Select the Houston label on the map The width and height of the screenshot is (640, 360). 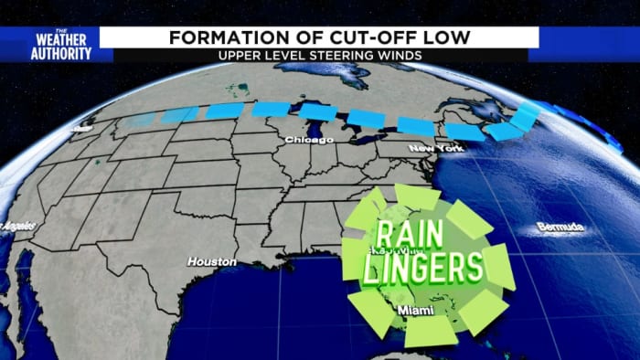(211, 261)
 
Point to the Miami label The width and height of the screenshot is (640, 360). (415, 311)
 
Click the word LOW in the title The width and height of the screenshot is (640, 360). (447, 37)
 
